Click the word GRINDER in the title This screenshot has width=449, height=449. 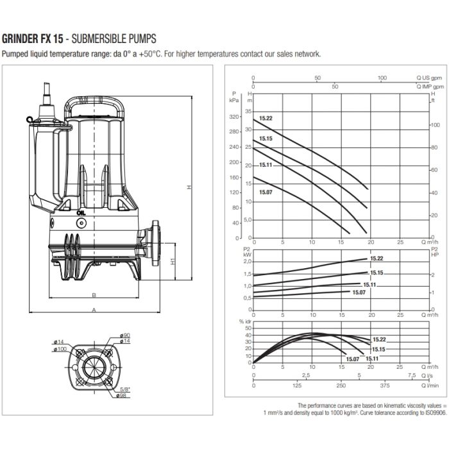point(20,38)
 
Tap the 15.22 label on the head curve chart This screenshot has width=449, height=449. point(266,118)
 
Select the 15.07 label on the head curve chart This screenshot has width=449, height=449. point(266,192)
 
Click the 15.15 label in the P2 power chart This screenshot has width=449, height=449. point(377,273)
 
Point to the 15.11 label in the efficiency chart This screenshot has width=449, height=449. point(372,359)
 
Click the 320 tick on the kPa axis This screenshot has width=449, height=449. point(233,117)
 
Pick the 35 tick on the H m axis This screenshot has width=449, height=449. point(248,111)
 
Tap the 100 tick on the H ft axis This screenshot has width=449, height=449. point(436,125)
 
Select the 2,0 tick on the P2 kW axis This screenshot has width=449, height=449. point(248,262)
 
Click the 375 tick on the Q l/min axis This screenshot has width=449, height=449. point(385,385)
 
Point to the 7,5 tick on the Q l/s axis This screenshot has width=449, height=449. point(412,375)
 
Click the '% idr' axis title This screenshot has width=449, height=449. point(245,321)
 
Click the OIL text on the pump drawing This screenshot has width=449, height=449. point(81,213)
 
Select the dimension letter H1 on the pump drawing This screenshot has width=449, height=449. point(173,261)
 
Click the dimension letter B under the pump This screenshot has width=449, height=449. point(94,295)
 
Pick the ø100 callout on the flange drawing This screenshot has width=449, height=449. point(60,349)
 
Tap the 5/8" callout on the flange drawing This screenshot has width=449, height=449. point(125,389)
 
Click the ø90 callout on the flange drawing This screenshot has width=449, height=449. point(125,335)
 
